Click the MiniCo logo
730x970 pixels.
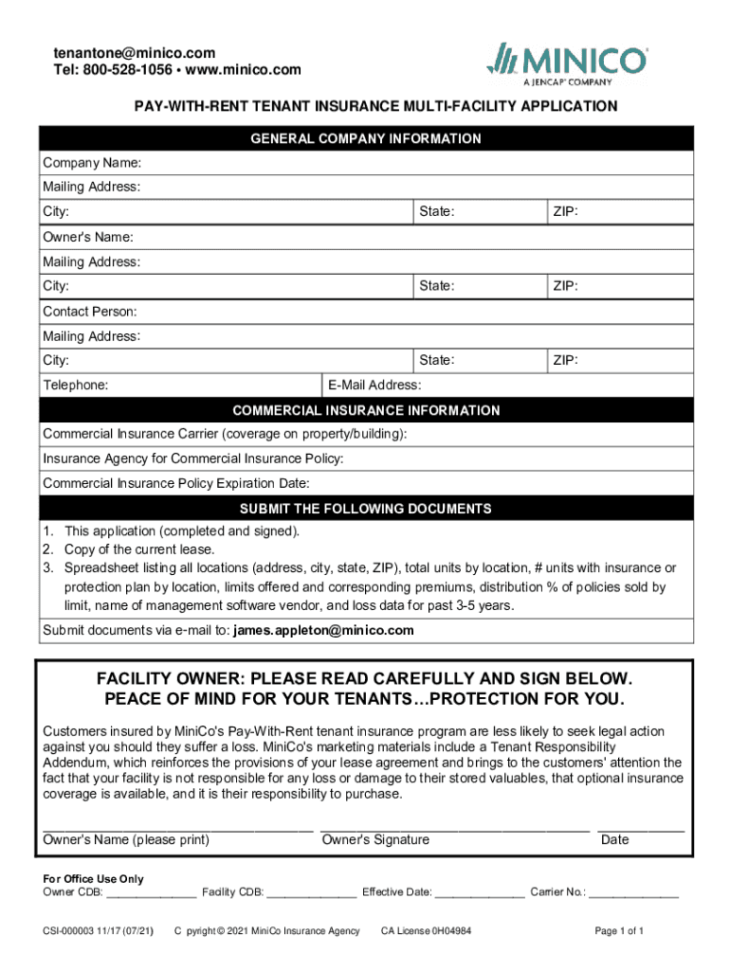coord(567,63)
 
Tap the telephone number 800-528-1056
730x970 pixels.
coord(128,70)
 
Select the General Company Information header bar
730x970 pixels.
coord(365,139)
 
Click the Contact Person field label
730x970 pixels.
coord(90,312)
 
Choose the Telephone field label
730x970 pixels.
coord(75,386)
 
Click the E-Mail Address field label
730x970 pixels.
coord(374,386)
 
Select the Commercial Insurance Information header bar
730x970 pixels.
coord(365,411)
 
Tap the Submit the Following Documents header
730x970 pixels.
coord(365,509)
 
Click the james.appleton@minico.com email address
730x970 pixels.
coord(323,631)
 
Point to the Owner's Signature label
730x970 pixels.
coord(375,840)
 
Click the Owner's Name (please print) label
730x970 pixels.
coord(126,840)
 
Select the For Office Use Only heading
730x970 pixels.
coord(94,879)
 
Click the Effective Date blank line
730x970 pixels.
coord(480,893)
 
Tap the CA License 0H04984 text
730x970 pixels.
coord(426,931)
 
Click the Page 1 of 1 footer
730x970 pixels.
coord(619,931)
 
